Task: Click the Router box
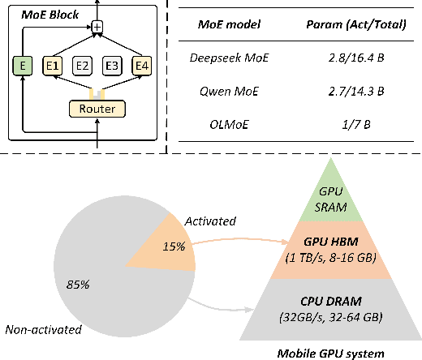(x=97, y=109)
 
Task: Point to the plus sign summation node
(x=97, y=28)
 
